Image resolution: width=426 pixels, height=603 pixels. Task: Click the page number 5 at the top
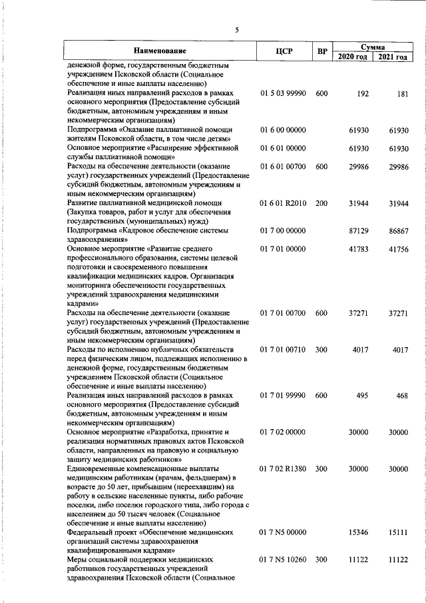[236, 29]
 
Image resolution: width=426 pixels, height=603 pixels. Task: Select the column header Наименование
[159, 51]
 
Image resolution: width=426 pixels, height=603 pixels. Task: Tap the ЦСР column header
[284, 51]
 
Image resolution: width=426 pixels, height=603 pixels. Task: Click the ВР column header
[322, 51]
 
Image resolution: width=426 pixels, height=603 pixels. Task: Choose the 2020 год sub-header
[352, 57]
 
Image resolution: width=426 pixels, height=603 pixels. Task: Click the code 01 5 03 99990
[283, 94]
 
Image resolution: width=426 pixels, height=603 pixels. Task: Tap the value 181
[401, 94]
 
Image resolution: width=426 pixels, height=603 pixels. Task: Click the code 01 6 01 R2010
[283, 202]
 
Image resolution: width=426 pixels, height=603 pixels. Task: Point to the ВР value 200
[321, 202]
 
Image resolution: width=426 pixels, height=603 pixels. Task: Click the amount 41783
[358, 248]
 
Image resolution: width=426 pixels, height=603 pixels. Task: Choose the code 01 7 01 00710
[283, 349]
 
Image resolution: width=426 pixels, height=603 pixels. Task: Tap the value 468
[401, 395]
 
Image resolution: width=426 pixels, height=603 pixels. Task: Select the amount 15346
[358, 532]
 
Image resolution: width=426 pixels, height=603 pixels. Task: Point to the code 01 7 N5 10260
[283, 560]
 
